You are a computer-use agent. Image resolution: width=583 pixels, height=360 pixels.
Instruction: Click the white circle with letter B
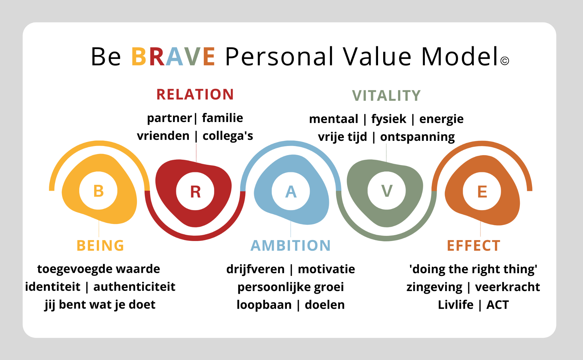pyautogui.click(x=98, y=191)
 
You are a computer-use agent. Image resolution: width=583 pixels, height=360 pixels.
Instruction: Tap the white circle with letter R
pyautogui.click(x=195, y=191)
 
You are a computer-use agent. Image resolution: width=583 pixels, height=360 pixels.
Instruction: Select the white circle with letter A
pyautogui.click(x=291, y=191)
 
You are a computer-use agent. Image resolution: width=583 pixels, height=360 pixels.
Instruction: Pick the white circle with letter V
pyautogui.click(x=387, y=191)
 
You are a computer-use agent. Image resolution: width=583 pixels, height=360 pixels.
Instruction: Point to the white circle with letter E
pyautogui.click(x=482, y=191)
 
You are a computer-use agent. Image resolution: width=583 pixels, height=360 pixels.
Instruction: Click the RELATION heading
pyautogui.click(x=195, y=94)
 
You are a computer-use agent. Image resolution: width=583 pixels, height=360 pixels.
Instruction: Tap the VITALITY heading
pyautogui.click(x=387, y=96)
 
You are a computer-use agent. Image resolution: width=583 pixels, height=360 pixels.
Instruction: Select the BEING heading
pyautogui.click(x=100, y=246)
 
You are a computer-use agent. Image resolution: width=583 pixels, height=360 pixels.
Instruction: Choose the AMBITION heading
pyautogui.click(x=291, y=246)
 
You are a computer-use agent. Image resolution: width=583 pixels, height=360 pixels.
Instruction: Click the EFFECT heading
pyautogui.click(x=473, y=246)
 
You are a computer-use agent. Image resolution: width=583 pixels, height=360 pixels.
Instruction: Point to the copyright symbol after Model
pyautogui.click(x=505, y=61)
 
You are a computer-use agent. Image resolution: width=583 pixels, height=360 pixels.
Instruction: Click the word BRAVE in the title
pyautogui.click(x=173, y=56)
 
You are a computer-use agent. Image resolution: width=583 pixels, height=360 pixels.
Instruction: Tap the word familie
pyautogui.click(x=223, y=118)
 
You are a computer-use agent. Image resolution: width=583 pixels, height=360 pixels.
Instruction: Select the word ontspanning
pyautogui.click(x=418, y=137)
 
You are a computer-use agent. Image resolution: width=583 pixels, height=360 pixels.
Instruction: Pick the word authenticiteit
pyautogui.click(x=134, y=287)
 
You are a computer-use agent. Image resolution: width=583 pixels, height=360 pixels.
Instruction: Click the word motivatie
pyautogui.click(x=326, y=269)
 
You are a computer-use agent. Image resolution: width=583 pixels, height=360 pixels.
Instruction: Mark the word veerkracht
pyautogui.click(x=507, y=287)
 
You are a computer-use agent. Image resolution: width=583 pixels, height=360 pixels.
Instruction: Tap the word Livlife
pyautogui.click(x=455, y=304)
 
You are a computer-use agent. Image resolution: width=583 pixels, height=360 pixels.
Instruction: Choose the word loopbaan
pyautogui.click(x=264, y=305)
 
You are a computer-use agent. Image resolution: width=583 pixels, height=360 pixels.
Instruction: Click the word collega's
pyautogui.click(x=228, y=136)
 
